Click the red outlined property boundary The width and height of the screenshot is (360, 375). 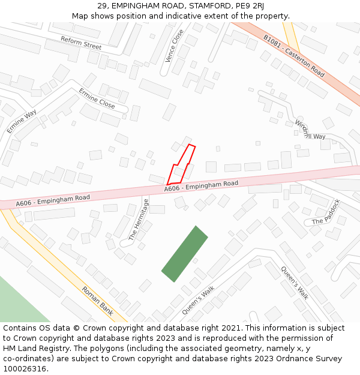pos(182,165)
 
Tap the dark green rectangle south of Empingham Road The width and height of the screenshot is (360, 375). pos(185,254)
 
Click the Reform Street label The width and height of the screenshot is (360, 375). pos(81,43)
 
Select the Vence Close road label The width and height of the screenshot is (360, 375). pos(174,46)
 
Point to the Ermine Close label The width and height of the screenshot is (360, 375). pos(97,98)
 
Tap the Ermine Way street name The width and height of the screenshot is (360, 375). pos(22,122)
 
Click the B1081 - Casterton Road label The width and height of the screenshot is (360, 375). pos(294,56)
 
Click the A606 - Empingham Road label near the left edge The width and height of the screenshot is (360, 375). pos(53,200)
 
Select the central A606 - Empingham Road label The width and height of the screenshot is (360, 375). pos(201,186)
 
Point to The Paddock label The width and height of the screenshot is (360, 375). pos(326,213)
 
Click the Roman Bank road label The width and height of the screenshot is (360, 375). pos(98,300)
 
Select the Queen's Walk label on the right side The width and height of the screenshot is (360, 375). pos(294,283)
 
